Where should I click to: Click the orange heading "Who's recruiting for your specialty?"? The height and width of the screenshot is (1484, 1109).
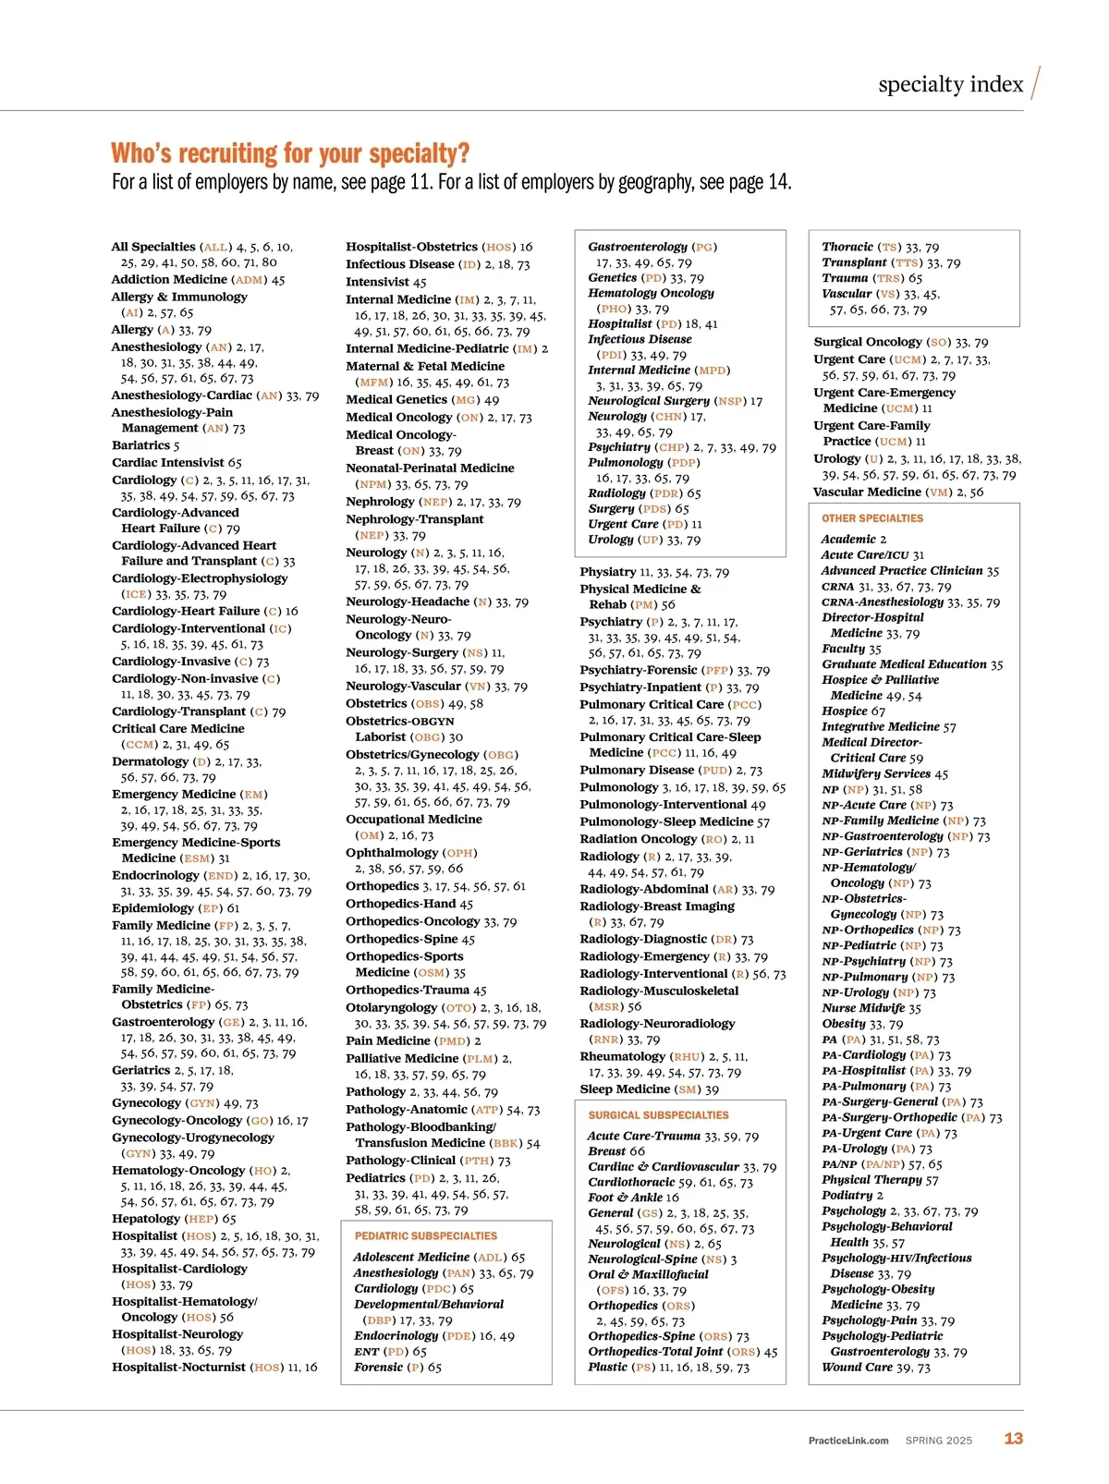click(290, 153)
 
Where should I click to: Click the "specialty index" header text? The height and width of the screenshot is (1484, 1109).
click(950, 85)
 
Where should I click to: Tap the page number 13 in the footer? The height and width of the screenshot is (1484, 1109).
click(1014, 1438)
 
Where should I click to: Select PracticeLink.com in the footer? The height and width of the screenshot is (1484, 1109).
click(848, 1440)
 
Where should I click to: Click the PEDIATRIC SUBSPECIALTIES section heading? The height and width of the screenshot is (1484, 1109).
click(426, 1235)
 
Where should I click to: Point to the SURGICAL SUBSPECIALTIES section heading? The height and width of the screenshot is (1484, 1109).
click(658, 1115)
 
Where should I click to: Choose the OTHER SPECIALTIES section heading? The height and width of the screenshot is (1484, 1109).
click(872, 518)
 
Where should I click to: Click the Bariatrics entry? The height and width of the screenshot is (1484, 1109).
click(145, 445)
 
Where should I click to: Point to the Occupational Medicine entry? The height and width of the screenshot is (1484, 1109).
click(413, 819)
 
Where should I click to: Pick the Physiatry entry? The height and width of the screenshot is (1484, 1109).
click(607, 572)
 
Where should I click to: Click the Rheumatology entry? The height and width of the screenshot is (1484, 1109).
click(622, 1056)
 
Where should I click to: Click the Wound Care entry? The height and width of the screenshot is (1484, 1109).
click(857, 1367)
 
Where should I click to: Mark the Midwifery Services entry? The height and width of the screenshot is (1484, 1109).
click(876, 773)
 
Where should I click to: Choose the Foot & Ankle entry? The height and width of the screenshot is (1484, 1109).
click(625, 1197)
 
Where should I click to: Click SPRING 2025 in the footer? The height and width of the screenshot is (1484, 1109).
click(938, 1440)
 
